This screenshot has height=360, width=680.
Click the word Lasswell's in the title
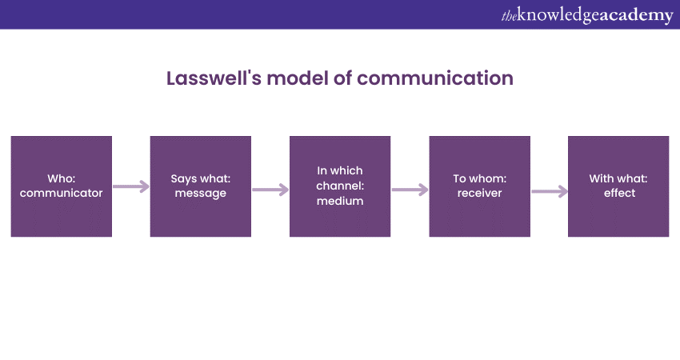click(214, 78)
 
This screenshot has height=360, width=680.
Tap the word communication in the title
click(435, 78)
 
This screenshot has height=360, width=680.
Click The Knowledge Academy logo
click(587, 15)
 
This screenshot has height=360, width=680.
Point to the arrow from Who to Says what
click(131, 186)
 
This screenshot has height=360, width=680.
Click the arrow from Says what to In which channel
click(270, 190)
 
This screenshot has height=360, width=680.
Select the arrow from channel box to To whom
click(410, 190)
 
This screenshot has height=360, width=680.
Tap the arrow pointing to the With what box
click(550, 191)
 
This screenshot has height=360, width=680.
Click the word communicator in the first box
click(61, 193)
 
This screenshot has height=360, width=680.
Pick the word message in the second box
click(200, 194)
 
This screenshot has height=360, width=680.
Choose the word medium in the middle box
click(340, 201)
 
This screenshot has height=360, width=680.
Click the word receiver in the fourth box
click(480, 193)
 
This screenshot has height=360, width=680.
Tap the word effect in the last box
click(619, 193)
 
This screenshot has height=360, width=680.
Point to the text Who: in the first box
click(61, 178)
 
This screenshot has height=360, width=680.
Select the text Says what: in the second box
click(200, 178)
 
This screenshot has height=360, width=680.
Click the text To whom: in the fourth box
click(480, 178)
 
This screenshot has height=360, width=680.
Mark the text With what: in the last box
click(618, 178)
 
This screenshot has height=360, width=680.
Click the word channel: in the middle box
click(340, 186)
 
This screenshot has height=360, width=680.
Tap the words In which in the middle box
click(340, 170)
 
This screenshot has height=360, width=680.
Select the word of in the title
click(342, 78)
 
